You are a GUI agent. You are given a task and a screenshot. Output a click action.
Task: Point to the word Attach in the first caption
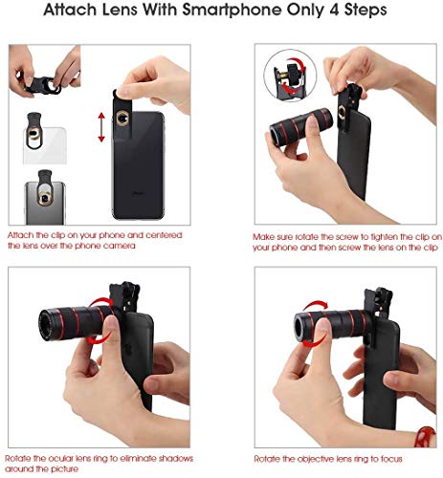coord(24,234)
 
